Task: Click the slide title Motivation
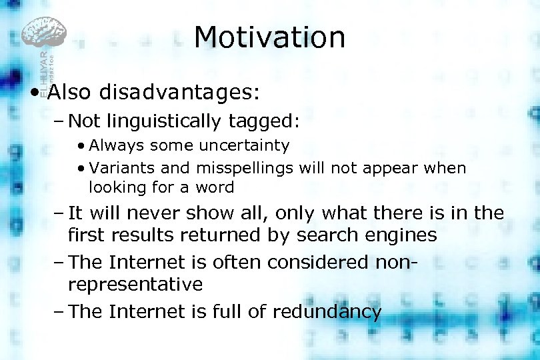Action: (269, 37)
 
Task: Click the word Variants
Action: (119, 167)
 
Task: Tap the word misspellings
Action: (245, 168)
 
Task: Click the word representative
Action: (135, 285)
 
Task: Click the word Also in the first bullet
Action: (69, 91)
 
